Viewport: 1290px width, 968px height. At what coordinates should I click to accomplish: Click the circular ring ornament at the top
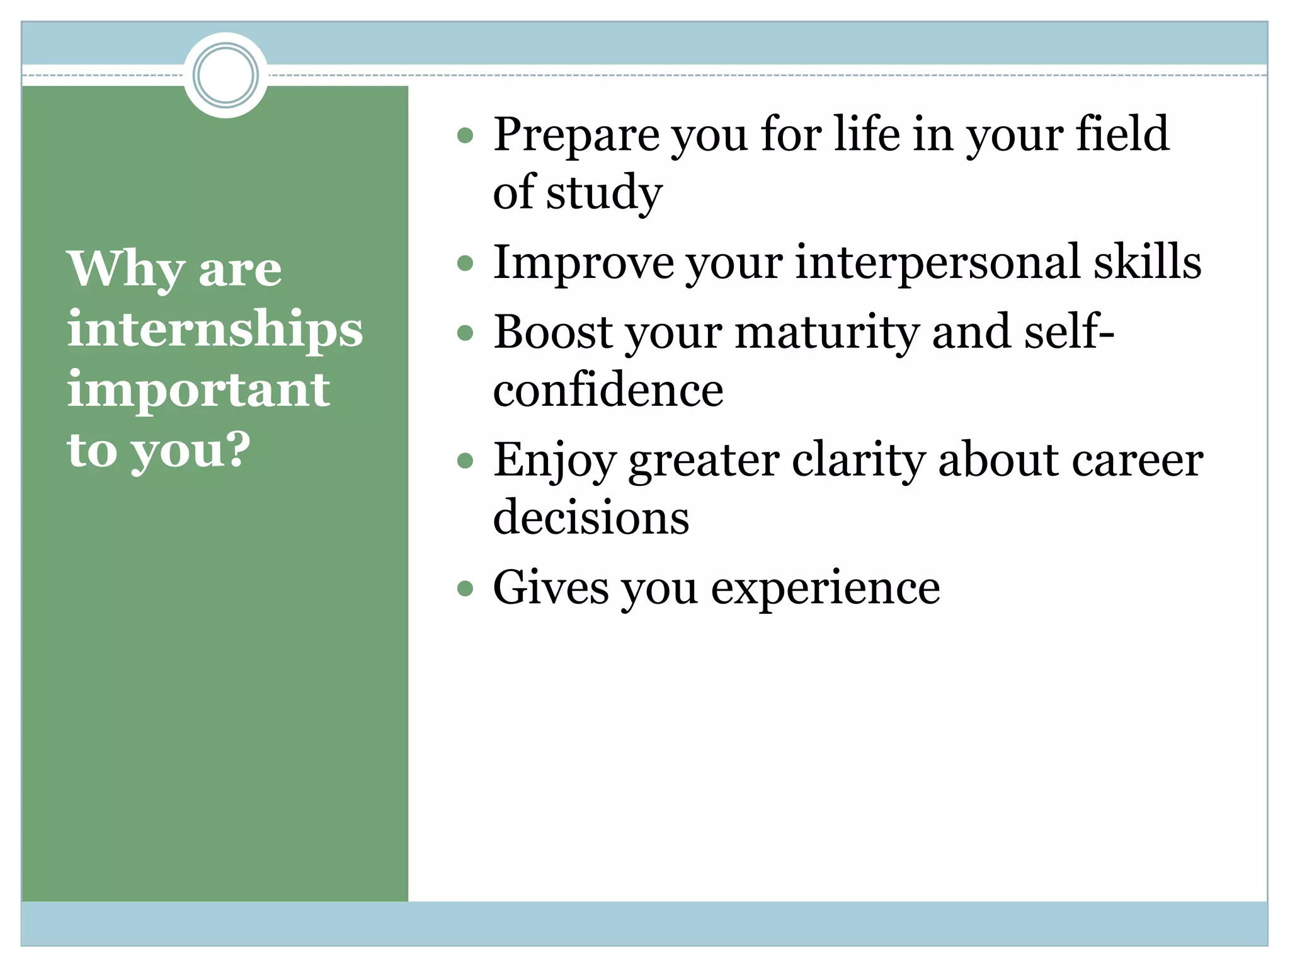click(x=225, y=75)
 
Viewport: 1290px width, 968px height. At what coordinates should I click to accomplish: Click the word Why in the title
click(x=126, y=270)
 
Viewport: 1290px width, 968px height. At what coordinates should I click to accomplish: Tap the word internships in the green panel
click(x=215, y=330)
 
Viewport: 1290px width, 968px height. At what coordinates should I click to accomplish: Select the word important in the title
click(x=198, y=389)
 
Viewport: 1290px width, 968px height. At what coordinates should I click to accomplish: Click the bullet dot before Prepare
click(x=465, y=135)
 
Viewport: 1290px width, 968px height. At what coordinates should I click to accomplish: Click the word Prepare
click(x=574, y=135)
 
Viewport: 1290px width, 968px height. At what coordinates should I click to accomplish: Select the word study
click(x=604, y=193)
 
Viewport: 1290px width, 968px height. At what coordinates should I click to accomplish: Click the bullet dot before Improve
click(x=465, y=263)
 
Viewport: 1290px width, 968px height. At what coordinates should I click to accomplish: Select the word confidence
click(x=608, y=390)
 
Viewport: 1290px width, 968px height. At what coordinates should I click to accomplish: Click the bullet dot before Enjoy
click(x=465, y=461)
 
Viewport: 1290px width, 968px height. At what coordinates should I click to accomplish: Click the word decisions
click(x=591, y=517)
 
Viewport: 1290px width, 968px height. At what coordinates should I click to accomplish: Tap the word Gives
click(x=551, y=588)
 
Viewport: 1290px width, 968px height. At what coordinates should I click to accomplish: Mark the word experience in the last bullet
click(x=825, y=589)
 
